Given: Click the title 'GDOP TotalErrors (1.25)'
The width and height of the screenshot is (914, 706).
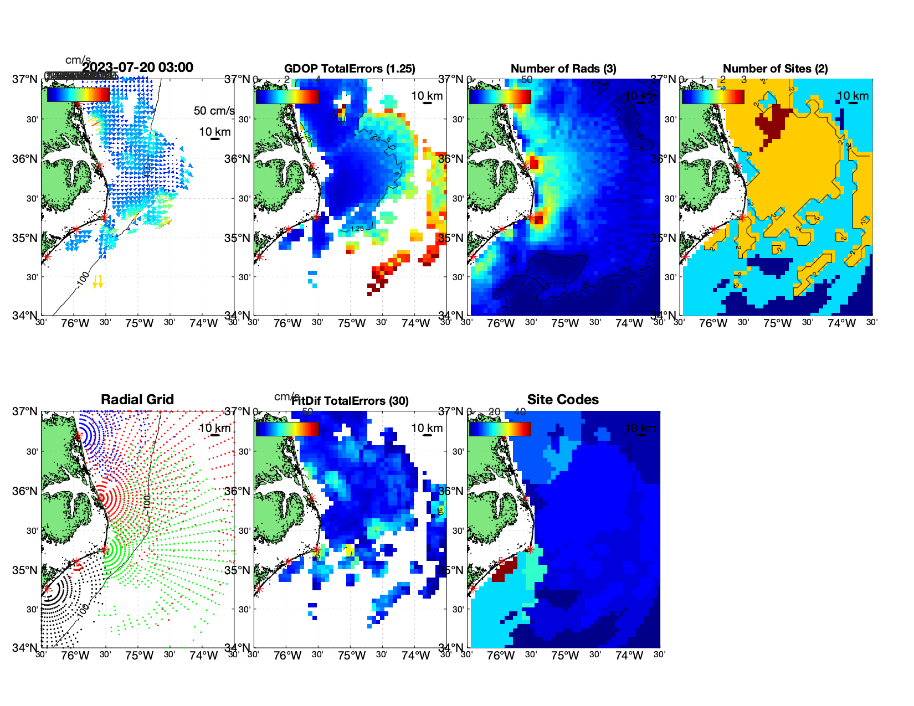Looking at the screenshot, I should [x=350, y=69].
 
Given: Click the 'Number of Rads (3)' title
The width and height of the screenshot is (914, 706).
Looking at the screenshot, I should [x=563, y=69].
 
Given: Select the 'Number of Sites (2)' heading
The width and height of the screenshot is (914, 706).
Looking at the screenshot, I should [x=775, y=69].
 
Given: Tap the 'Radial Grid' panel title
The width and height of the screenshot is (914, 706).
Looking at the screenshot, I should [x=137, y=400].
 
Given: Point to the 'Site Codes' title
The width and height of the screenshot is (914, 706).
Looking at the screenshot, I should [x=563, y=400].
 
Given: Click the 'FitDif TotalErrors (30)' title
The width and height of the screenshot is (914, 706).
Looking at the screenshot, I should [x=350, y=401].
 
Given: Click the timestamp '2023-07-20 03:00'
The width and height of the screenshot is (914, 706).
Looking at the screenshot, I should [x=138, y=68].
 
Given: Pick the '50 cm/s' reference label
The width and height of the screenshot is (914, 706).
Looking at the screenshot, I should [x=214, y=111].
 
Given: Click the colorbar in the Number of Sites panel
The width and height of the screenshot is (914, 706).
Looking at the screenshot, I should [x=713, y=96].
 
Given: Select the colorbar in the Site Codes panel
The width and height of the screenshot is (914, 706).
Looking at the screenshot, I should [x=500, y=429].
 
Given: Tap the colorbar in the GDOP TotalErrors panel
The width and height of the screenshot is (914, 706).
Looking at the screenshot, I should [x=287, y=96].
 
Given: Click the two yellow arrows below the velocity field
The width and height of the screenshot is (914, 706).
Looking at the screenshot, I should [x=97, y=282].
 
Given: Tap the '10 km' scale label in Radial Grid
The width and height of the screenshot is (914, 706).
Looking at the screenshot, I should [x=214, y=428].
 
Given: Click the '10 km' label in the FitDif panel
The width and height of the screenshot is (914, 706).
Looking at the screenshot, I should [x=427, y=428].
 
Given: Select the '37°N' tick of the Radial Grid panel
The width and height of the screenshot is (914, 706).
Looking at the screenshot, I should [x=25, y=411].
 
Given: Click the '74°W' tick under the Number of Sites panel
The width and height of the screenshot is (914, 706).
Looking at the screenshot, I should [x=841, y=323].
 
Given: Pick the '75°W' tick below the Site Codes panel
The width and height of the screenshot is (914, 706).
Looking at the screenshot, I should [x=565, y=656].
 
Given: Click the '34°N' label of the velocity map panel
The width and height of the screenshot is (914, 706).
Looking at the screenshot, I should [x=25, y=316].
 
